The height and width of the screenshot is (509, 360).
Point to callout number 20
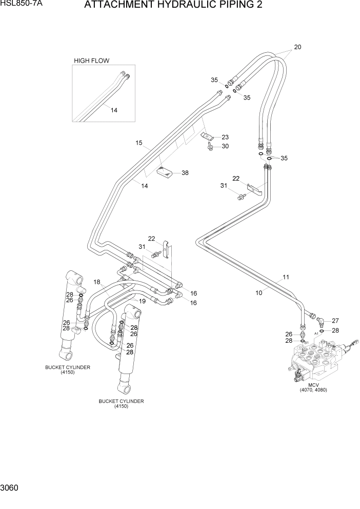[x=297, y=47]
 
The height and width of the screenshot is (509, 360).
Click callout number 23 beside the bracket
[x=225, y=137]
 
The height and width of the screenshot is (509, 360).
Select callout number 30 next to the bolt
[x=225, y=146]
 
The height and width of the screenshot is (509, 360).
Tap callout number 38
[x=185, y=173]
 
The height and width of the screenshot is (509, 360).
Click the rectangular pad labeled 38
[x=166, y=174]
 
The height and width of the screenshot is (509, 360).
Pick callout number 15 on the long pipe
[x=138, y=143]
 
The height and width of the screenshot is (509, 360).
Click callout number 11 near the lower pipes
[x=286, y=277]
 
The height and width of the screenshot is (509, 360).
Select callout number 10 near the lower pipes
[x=259, y=292]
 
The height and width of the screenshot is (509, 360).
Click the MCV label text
[x=313, y=384]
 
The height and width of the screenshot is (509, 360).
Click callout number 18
[x=97, y=282]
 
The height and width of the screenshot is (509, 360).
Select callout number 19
[x=142, y=301]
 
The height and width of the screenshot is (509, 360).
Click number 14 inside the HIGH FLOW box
[x=114, y=110]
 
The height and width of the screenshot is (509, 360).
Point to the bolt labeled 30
[x=211, y=147]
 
